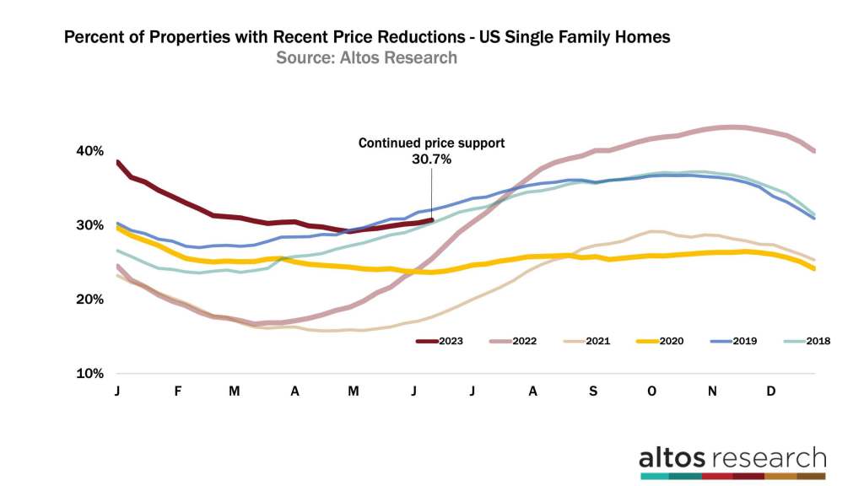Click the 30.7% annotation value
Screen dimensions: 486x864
point(432,158)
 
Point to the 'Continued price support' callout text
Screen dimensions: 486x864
point(431,143)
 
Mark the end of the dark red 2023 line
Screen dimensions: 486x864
point(432,220)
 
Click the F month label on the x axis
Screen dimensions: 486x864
point(176,391)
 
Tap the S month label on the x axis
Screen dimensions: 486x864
point(592,391)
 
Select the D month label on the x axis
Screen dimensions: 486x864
point(771,391)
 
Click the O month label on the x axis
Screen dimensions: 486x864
point(651,391)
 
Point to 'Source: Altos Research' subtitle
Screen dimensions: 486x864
point(366,57)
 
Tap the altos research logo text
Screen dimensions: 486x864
point(732,458)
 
